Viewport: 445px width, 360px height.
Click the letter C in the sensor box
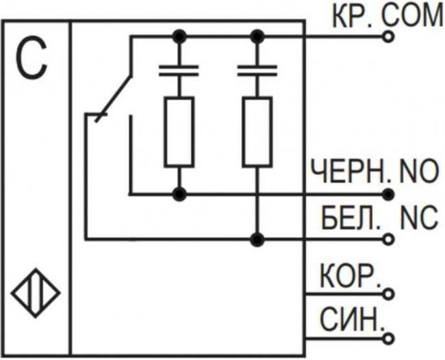coord(34,60)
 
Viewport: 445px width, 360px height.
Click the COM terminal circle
coord(390,35)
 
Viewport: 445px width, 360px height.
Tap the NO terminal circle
coord(390,194)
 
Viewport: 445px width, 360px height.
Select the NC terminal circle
coord(390,239)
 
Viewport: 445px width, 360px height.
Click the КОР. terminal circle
coord(390,294)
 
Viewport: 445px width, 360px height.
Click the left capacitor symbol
coord(179,70)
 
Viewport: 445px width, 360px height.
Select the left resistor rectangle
coord(179,131)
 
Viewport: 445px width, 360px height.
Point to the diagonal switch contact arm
coord(113,97)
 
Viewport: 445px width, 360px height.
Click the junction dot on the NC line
coord(257,239)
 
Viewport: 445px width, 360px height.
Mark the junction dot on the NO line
coord(179,194)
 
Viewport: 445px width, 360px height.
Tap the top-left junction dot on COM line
coord(179,35)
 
